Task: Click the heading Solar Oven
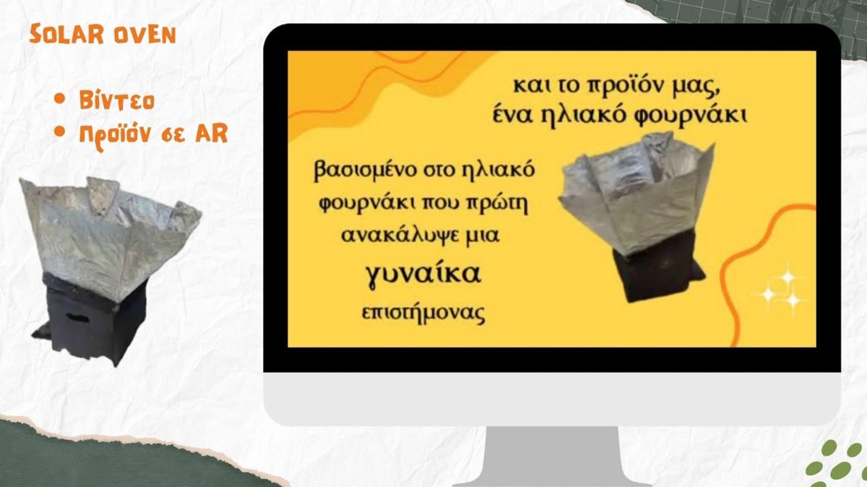click(103, 34)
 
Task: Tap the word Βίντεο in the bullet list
click(117, 100)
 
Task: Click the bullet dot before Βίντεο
click(59, 99)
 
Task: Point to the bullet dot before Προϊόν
click(59, 132)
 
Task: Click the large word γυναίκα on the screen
click(423, 275)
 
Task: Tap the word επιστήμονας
click(423, 313)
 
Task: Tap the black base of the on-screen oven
click(658, 271)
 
